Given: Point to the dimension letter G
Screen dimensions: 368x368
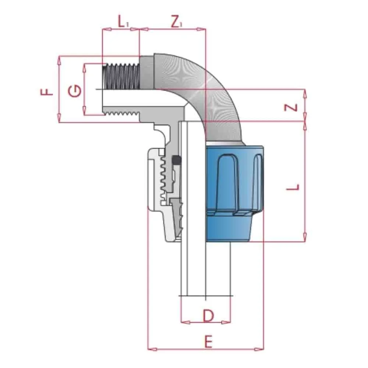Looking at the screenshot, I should pos(75,90).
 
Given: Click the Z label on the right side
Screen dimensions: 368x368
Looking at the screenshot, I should pos(291,107).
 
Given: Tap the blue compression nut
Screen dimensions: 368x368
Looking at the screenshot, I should pos(234,193).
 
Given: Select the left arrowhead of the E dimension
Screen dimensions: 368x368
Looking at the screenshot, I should pos(151,348).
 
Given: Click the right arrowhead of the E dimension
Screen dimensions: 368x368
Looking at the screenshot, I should pos(261,348).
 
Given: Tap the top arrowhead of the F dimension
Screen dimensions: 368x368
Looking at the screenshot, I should pos(59,60).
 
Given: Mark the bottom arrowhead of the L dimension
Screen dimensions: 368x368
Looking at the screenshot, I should pos(305,238).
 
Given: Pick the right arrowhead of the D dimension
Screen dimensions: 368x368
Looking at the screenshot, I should pos(228,323).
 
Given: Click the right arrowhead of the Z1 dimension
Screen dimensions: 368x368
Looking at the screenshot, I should pos(203,29).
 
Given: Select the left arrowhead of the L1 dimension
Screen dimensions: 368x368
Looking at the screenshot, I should pos(105,29).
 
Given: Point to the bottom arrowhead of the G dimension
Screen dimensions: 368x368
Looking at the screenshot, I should pos(85,112).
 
